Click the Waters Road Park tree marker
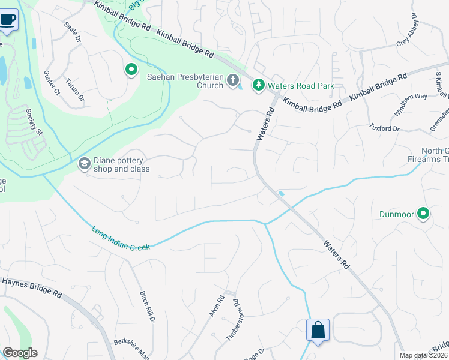pos(259,86)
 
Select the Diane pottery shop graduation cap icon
pos(85,164)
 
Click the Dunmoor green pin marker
pos(423,214)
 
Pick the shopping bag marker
pos(318,330)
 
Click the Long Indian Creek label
pos(120,238)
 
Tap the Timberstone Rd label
pos(233,320)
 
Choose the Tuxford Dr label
pos(385,128)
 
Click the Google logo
pos(20,353)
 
